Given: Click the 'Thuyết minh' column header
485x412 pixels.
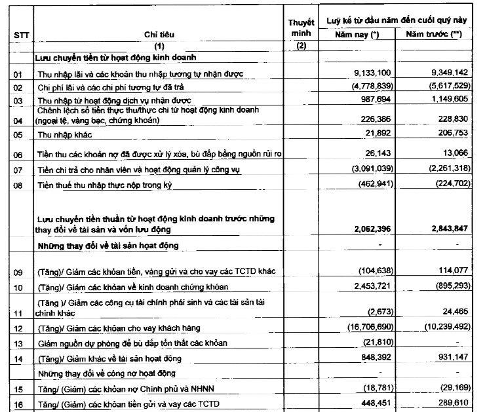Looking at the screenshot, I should [x=301, y=27].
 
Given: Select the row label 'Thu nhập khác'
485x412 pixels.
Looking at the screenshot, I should [x=64, y=135].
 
